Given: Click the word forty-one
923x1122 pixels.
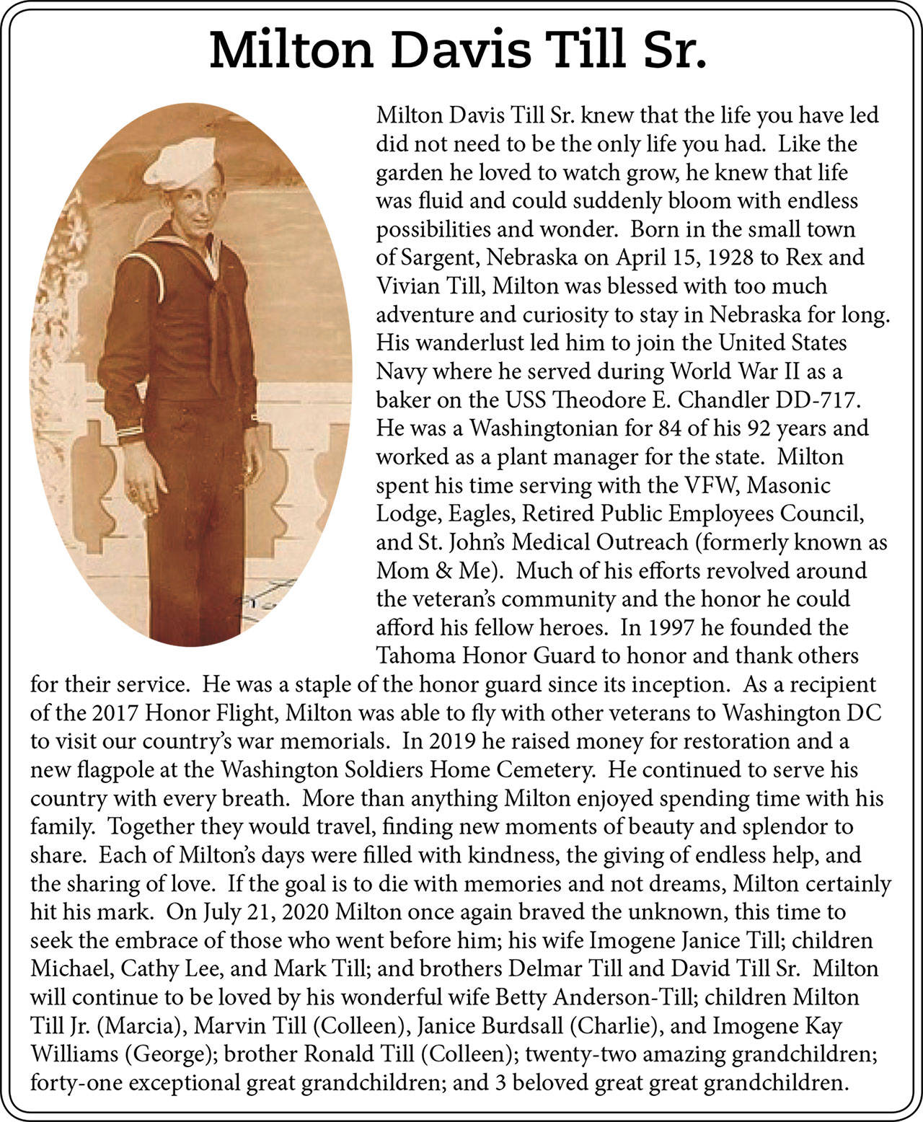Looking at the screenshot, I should [x=77, y=1082].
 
